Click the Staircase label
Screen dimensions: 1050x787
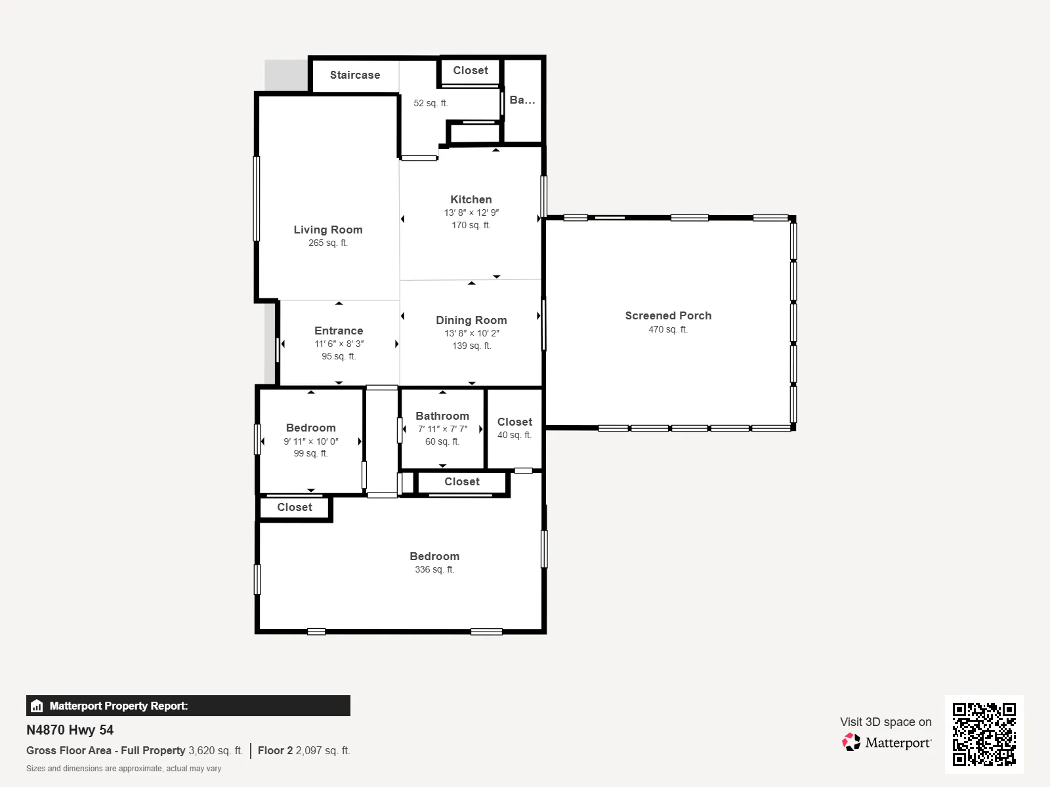355,75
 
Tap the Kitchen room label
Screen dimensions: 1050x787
471,200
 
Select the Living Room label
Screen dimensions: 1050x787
328,230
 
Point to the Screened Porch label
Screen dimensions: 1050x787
668,316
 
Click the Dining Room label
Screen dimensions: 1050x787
471,320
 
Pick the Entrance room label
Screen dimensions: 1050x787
339,331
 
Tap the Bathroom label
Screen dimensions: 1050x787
442,416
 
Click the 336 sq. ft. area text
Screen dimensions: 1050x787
434,569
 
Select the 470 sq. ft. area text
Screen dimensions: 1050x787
668,329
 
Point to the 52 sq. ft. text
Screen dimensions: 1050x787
430,103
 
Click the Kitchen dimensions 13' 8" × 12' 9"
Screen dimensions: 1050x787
471,212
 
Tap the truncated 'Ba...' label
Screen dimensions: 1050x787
522,100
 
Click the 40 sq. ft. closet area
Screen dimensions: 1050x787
514,435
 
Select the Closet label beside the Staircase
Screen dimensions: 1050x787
471,71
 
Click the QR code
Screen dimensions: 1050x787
984,735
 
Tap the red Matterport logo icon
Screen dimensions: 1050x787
851,742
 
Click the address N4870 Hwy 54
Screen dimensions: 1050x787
70,730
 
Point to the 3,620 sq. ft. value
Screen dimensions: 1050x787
216,751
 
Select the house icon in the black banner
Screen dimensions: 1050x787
37,706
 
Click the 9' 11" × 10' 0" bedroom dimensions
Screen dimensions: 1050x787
311,441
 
